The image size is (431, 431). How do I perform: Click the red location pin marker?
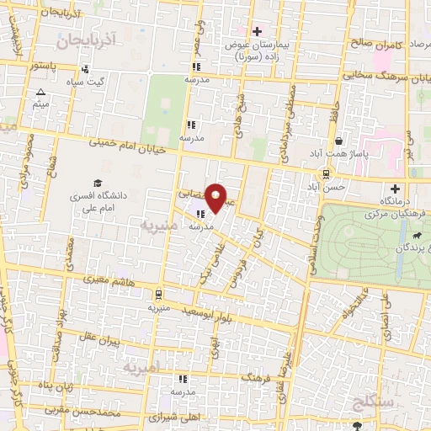[216, 197]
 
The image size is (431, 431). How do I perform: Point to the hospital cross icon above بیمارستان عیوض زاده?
[256, 31]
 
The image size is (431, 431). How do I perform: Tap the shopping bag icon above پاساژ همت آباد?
[338, 140]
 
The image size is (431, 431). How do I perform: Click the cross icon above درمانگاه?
[395, 189]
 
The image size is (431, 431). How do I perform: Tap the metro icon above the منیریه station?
[158, 294]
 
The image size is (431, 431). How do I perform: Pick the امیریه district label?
[141, 369]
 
